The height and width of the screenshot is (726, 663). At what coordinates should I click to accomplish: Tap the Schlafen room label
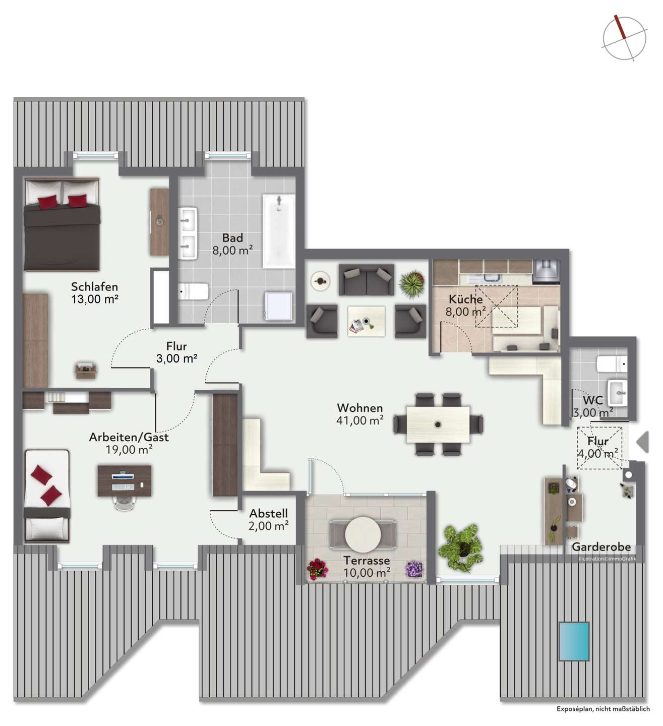pyautogui.click(x=95, y=293)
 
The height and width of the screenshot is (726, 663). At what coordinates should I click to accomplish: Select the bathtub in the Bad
pyautogui.click(x=278, y=231)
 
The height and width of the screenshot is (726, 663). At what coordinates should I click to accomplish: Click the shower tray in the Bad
pyautogui.click(x=278, y=306)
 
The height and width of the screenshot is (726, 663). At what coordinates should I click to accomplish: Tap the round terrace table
pyautogui.click(x=363, y=534)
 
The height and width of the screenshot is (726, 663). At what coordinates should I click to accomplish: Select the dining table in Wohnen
pyautogui.click(x=438, y=424)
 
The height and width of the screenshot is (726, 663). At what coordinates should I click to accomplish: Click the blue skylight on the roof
pyautogui.click(x=574, y=642)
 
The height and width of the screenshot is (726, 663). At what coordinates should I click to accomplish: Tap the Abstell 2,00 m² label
pyautogui.click(x=269, y=520)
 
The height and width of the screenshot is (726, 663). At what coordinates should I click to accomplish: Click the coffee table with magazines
pyautogui.click(x=367, y=322)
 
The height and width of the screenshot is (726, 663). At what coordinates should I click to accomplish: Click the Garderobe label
pyautogui.click(x=601, y=547)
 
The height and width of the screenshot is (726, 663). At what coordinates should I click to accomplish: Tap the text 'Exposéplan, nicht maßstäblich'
pyautogui.click(x=603, y=709)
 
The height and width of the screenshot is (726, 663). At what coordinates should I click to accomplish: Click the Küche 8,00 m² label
pyautogui.click(x=465, y=306)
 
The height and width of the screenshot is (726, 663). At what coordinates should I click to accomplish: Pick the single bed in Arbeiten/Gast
pyautogui.click(x=47, y=495)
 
